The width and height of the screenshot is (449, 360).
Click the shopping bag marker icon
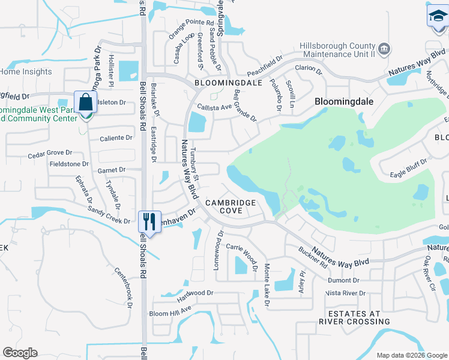[x=85, y=103]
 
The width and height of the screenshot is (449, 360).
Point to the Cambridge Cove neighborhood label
[x=231, y=206]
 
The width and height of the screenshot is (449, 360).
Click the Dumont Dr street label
[x=343, y=280]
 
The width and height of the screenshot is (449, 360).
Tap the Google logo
[x=20, y=353]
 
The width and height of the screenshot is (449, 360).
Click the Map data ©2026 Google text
[x=411, y=355]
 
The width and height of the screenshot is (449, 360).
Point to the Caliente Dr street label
[x=116, y=138]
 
